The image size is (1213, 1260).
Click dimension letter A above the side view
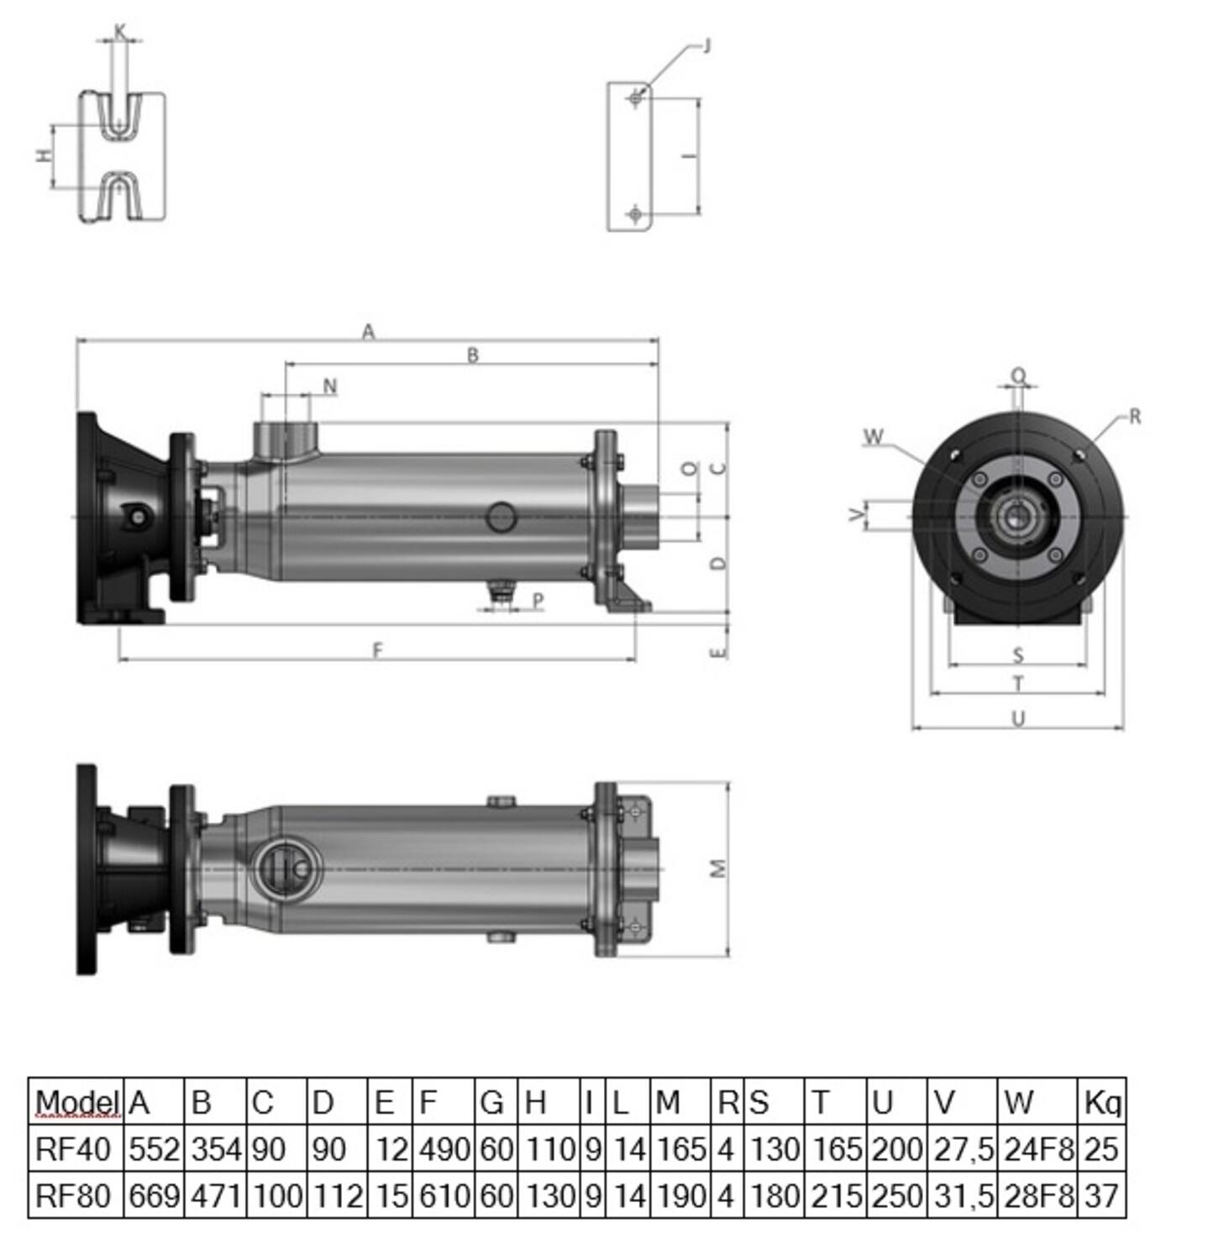[368, 332]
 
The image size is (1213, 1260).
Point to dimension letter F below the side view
[378, 649]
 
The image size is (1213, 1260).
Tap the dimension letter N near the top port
[330, 386]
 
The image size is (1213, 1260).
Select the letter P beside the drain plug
[538, 600]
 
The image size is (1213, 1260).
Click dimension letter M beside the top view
[718, 869]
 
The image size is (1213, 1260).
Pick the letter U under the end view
[1018, 719]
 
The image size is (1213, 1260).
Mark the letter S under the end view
[1018, 655]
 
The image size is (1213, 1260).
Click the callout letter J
[706, 45]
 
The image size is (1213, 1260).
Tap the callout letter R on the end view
[1135, 417]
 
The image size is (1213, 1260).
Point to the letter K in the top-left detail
[120, 32]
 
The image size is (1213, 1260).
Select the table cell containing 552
[154, 1149]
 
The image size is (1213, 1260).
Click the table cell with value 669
[154, 1195]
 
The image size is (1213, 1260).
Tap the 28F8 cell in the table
[1038, 1195]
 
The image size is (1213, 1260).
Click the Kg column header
[1101, 1102]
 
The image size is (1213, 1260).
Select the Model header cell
[76, 1102]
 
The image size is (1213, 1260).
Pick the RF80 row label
[73, 1195]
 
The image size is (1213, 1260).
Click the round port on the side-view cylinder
[501, 517]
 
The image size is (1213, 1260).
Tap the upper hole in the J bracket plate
[636, 99]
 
